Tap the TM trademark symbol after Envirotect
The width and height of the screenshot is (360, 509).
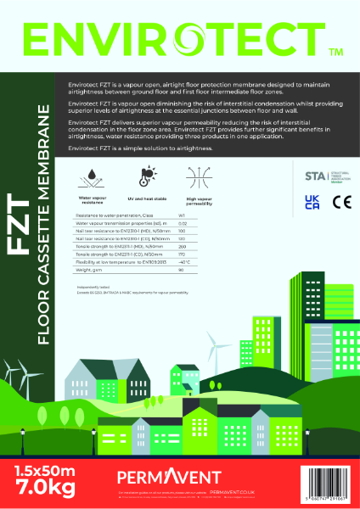point(335,53)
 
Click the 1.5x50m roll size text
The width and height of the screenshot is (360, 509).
point(50,467)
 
